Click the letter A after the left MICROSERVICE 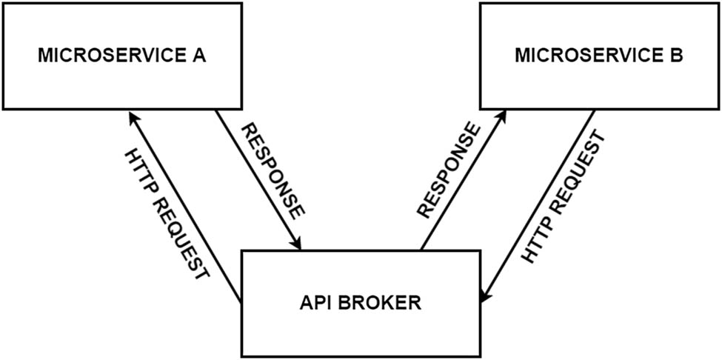(198, 56)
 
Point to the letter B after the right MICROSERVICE (675, 56)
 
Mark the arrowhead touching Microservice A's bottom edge (131, 116)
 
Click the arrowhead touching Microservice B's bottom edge (504, 116)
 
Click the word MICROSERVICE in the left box (111, 56)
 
